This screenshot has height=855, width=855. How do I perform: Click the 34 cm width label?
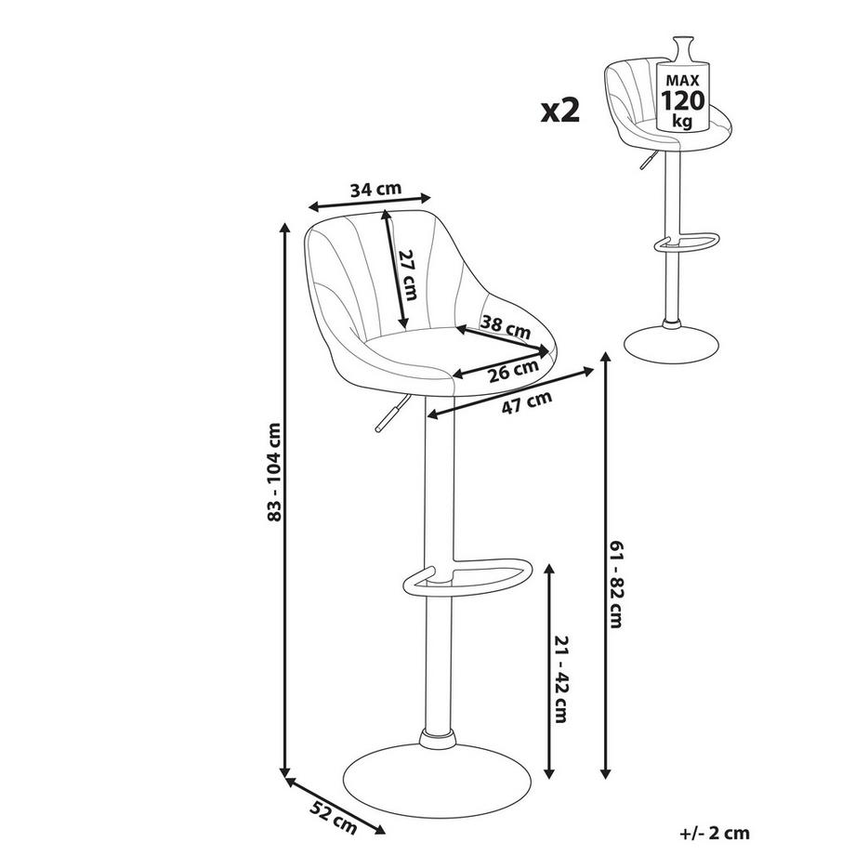coord(375,189)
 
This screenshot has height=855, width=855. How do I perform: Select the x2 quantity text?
coord(560,111)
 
